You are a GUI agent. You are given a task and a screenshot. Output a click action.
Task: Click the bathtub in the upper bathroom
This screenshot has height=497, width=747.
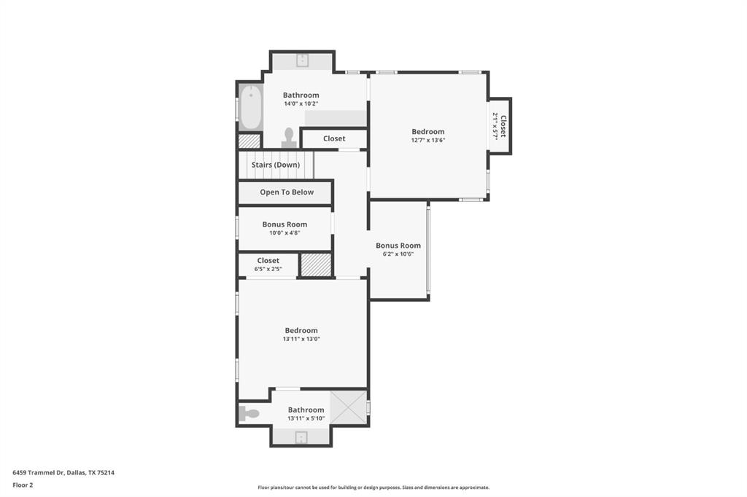(249, 108)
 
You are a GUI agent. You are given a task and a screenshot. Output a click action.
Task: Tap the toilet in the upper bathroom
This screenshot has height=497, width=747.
(289, 138)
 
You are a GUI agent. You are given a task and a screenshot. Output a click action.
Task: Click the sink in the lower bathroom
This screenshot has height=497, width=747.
(301, 437)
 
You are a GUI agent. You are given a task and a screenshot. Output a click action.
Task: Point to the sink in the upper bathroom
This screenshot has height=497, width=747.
(302, 60)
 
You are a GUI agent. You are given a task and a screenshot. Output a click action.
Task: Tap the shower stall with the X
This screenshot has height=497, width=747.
(348, 407)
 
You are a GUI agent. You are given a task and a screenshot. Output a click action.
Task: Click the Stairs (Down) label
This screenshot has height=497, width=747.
(276, 165)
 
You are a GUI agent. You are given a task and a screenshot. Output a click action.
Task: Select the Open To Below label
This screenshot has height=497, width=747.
(287, 192)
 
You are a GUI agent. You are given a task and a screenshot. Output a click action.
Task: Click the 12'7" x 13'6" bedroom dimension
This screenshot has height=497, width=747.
(428, 141)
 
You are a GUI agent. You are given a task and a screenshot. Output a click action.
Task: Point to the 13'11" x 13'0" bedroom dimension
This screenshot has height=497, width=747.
(301, 339)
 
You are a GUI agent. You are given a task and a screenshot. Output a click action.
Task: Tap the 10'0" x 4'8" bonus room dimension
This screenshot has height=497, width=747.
(285, 233)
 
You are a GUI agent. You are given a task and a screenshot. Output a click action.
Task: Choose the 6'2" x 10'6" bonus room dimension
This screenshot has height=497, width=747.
(398, 254)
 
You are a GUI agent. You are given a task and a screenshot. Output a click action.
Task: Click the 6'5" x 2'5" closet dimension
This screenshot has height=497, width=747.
(268, 269)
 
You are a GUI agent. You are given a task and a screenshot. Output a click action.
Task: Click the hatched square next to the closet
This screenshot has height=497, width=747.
(316, 265)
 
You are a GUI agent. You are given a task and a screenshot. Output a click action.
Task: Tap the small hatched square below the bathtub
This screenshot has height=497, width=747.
(249, 141)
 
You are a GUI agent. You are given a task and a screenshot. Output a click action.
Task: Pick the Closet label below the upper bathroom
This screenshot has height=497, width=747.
(334, 138)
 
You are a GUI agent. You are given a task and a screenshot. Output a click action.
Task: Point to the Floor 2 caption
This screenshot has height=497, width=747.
(23, 485)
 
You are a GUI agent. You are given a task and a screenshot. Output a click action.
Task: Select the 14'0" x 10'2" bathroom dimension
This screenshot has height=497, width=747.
(301, 103)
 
